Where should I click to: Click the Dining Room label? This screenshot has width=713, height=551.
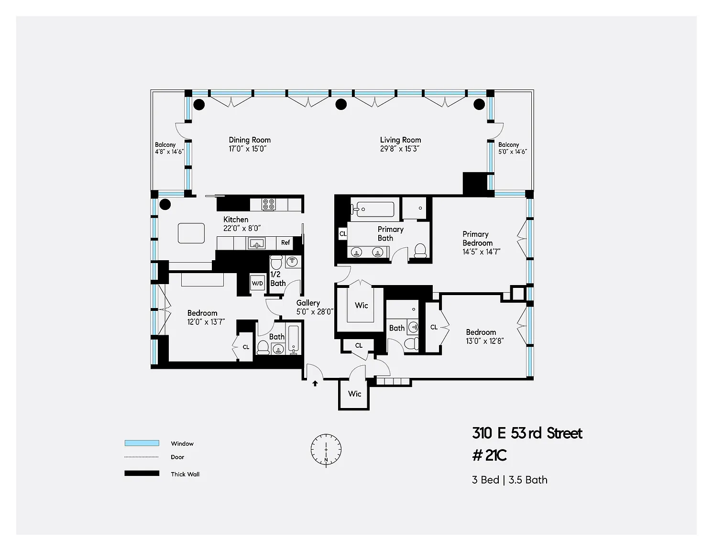click(250, 140)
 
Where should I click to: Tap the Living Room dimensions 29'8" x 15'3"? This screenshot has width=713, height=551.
click(400, 149)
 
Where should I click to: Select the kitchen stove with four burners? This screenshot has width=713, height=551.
click(268, 204)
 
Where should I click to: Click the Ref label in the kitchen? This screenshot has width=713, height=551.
click(285, 242)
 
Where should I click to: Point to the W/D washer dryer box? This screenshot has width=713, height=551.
click(258, 283)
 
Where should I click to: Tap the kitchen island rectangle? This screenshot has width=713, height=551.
click(191, 233)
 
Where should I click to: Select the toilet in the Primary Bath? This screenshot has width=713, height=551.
click(420, 251)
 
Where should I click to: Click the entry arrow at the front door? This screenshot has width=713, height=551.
click(315, 383)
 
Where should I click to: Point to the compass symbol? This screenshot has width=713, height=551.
click(326, 450)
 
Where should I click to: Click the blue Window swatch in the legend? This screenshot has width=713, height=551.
click(142, 443)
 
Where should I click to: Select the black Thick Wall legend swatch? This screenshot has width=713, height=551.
click(142, 473)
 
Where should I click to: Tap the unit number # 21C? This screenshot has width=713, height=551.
click(490, 455)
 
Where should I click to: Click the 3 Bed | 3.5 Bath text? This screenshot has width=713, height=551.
click(510, 480)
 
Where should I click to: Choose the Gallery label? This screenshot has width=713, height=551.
click(308, 303)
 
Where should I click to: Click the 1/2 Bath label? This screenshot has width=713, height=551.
click(277, 279)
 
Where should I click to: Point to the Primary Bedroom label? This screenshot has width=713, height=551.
click(477, 239)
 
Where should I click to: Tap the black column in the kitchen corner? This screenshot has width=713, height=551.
click(165, 204)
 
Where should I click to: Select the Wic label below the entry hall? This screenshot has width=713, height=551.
click(354, 394)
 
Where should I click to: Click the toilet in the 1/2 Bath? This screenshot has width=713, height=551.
click(276, 262)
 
